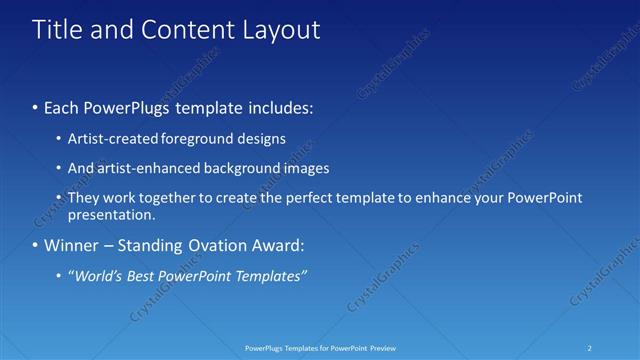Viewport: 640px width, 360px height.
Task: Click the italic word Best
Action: click(142, 275)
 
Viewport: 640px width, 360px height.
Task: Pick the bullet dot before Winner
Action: click(36, 245)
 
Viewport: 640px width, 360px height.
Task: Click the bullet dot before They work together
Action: click(60, 198)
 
